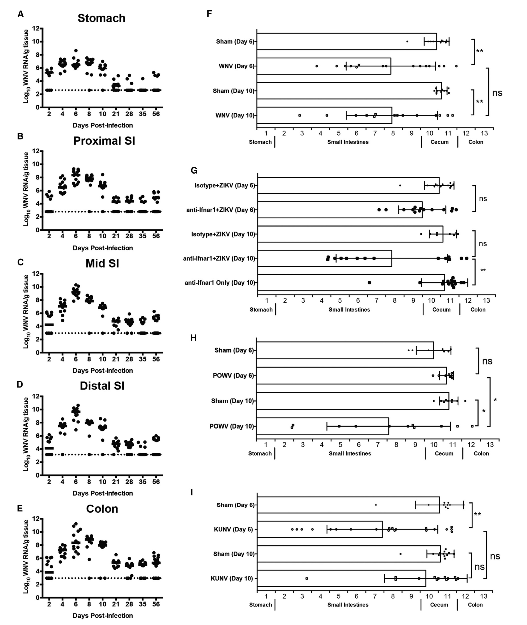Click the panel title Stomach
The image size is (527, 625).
(101, 18)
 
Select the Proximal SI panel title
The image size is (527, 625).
(104, 141)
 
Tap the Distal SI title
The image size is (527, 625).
(102, 386)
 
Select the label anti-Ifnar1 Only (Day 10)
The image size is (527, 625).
(220, 283)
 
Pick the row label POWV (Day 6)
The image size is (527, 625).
(233, 376)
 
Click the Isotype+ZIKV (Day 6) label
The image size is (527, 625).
(225, 186)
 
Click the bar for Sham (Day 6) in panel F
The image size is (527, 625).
(347, 42)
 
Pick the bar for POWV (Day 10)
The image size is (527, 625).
(322, 426)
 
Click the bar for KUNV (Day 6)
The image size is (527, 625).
(320, 529)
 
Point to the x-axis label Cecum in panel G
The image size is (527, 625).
(441, 310)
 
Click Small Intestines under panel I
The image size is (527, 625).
(348, 605)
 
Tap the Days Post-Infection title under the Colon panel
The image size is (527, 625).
(103, 615)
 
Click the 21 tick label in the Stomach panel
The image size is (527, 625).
(116, 114)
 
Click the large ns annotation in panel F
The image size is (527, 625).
(497, 93)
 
